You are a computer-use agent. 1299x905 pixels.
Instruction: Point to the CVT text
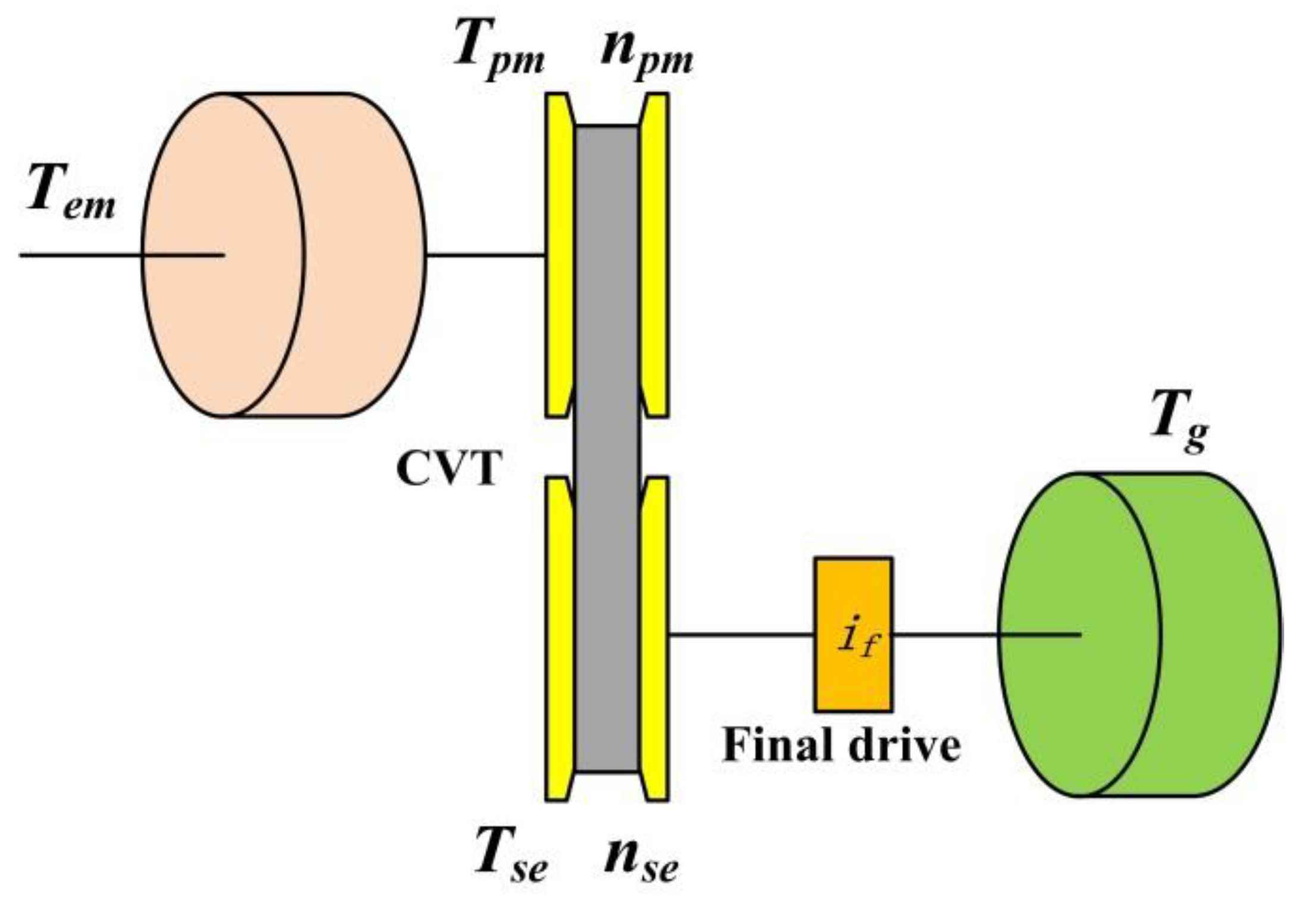tap(447, 469)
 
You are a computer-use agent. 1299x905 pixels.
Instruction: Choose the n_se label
tap(641, 859)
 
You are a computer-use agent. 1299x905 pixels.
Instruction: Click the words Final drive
tap(841, 745)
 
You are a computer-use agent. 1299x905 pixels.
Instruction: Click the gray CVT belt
tap(607, 447)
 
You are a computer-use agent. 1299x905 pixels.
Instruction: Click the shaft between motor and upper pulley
tap(485, 255)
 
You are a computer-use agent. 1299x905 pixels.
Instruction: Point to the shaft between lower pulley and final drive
tap(741, 635)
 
